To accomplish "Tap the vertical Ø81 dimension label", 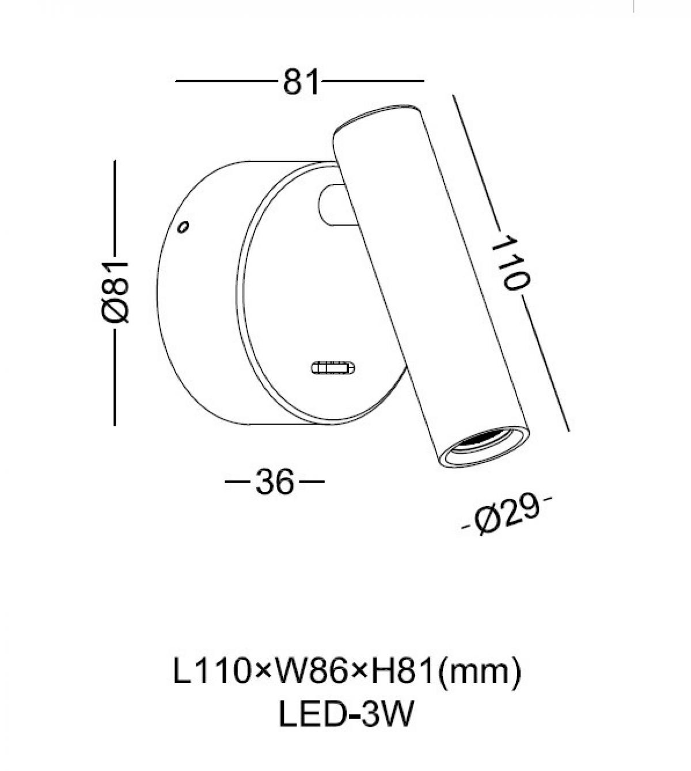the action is tap(115, 292).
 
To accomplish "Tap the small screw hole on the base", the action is tap(183, 227).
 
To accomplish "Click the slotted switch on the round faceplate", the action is tap(333, 368).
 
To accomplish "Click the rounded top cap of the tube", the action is tap(375, 118).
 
